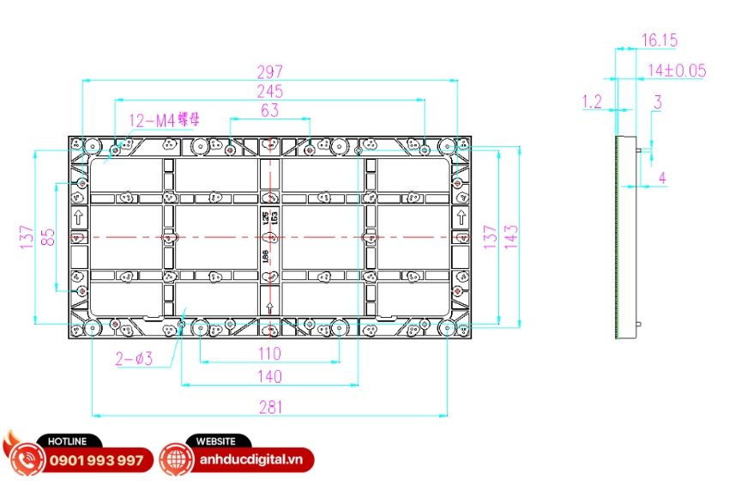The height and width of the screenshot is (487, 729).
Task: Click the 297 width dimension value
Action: click(270, 71)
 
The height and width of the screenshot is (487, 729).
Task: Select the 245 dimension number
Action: click(270, 90)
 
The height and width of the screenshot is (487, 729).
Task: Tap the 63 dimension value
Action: click(270, 110)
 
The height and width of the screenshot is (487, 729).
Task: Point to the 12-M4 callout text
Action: click(164, 120)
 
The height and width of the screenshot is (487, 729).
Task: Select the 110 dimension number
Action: click(270, 353)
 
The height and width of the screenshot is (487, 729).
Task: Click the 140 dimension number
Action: click(270, 376)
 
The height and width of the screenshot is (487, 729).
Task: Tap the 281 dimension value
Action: click(270, 407)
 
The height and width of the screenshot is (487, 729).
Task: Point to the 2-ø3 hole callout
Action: click(134, 359)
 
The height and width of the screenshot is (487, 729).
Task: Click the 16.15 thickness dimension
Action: click(660, 40)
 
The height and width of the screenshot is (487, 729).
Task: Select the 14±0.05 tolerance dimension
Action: click(677, 70)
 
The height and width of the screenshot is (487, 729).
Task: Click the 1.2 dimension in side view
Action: click(592, 102)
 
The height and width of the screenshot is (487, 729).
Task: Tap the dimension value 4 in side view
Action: click(662, 178)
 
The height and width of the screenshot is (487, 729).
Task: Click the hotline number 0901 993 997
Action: click(97, 460)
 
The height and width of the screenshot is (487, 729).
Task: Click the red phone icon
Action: click(27, 459)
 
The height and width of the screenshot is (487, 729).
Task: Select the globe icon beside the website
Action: click(177, 460)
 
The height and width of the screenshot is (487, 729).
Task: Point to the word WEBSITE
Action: click(216, 441)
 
